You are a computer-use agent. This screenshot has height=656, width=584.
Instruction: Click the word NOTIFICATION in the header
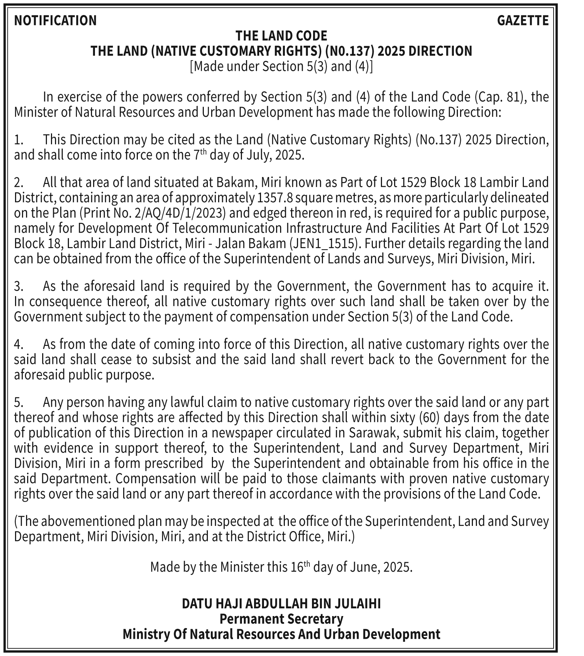[55, 21]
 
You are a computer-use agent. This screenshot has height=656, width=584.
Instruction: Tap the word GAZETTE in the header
[523, 21]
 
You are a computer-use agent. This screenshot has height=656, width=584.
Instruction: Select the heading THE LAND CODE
[281, 36]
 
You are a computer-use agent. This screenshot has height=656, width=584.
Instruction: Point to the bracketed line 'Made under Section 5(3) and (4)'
[281, 66]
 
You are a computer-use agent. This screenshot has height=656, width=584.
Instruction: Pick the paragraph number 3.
[19, 286]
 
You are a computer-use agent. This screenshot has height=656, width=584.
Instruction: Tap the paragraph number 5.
[19, 402]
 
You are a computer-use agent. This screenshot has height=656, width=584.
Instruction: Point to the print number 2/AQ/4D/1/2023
[172, 213]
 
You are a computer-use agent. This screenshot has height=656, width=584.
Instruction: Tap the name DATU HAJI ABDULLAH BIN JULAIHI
[281, 604]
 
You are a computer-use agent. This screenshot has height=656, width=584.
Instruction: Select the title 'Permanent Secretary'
[281, 619]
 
